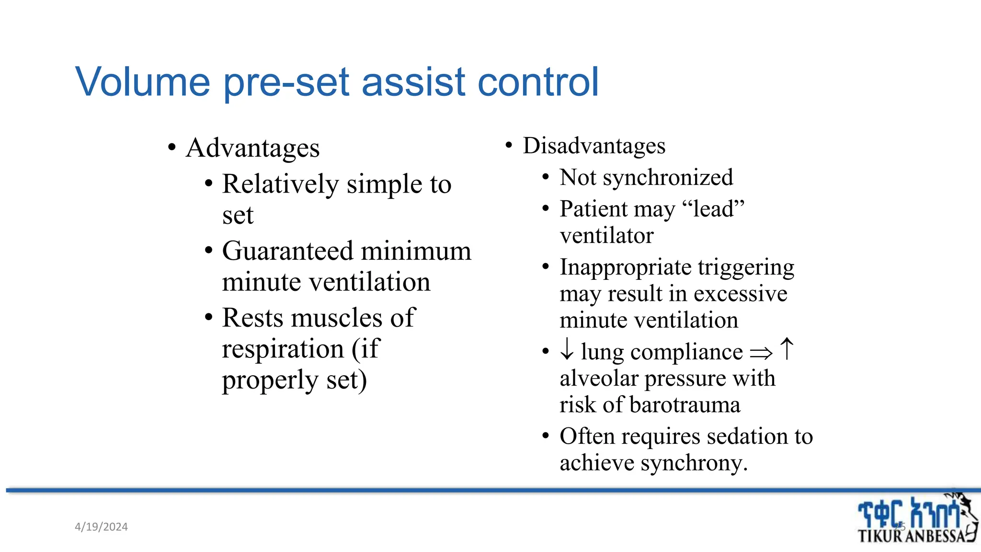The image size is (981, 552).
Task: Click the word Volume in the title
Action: tap(143, 82)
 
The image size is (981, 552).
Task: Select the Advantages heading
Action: tap(252, 148)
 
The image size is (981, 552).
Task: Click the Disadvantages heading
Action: tap(594, 146)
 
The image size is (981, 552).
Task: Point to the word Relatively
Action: tap(280, 184)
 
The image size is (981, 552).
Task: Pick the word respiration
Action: tap(283, 349)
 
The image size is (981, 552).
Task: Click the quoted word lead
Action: tap(713, 209)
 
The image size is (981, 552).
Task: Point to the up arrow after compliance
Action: tap(787, 348)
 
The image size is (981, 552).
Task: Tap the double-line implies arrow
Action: tap(761, 354)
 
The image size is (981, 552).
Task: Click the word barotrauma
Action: tap(685, 405)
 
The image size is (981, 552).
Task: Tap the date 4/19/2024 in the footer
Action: tap(101, 527)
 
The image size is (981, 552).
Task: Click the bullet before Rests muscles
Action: tap(208, 318)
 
